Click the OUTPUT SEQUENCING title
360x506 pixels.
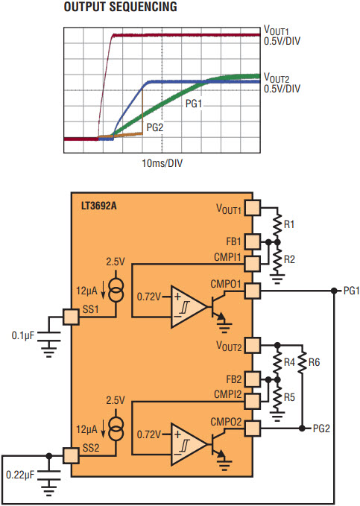121,7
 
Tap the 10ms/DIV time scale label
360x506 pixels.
162,163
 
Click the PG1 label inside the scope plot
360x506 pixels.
194,104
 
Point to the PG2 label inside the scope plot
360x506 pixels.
155,127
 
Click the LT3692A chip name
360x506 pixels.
98,206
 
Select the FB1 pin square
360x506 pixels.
253,241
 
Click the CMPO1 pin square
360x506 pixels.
253,291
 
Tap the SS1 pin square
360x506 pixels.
71,317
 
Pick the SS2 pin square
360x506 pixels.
71,455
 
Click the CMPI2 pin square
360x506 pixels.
253,401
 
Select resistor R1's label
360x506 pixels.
289,224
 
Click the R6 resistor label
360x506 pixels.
314,362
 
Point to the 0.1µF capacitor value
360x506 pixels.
23,335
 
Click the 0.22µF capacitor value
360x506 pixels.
20,475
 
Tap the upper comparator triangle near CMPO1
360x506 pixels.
189,306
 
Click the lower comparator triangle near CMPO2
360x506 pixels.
189,444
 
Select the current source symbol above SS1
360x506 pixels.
116,290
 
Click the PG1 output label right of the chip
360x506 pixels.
351,291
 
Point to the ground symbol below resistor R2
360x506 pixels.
277,279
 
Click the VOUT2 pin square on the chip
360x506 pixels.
253,346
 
